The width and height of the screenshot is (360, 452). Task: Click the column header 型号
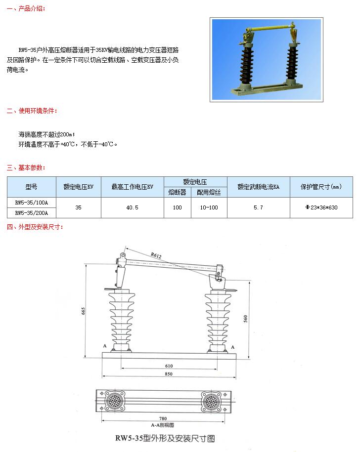31,187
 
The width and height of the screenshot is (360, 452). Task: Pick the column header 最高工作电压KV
132,187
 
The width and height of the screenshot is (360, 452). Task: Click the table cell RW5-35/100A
31,202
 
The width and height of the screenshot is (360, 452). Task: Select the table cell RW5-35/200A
31,212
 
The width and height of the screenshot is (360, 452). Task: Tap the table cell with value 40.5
132,207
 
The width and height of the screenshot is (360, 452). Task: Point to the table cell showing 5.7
258,207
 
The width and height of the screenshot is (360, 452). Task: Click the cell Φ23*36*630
321,207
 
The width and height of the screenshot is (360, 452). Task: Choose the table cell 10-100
209,207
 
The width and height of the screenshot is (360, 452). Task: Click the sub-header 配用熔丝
209,192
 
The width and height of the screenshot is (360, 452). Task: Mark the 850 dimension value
169,374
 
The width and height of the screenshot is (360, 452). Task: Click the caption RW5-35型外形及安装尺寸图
165,438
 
